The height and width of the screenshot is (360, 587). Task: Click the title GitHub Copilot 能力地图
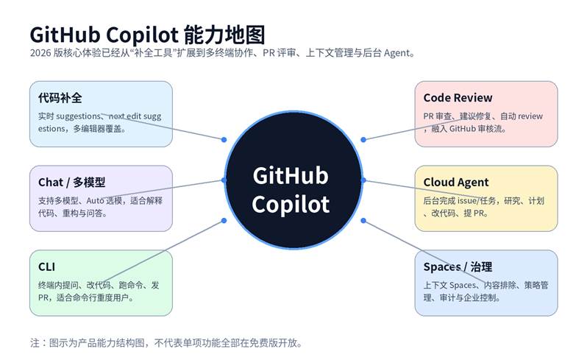click(x=147, y=35)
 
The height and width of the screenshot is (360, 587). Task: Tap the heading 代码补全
click(x=60, y=98)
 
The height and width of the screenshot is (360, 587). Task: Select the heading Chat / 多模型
click(x=72, y=183)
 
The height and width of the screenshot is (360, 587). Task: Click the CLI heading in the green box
click(x=47, y=267)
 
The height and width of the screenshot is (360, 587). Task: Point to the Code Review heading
click(x=458, y=98)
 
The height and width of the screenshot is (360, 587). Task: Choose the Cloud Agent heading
click(x=456, y=183)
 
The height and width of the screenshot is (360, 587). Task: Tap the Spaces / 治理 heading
click(x=458, y=267)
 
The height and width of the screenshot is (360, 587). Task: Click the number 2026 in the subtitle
click(x=41, y=53)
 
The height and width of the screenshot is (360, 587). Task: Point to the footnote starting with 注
click(x=166, y=342)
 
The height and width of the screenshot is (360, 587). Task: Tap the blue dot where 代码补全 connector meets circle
click(x=224, y=139)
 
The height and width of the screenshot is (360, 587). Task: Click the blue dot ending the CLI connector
click(x=224, y=221)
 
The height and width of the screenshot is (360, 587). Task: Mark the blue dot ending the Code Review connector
click(x=363, y=139)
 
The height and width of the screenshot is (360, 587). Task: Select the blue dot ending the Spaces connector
click(x=363, y=221)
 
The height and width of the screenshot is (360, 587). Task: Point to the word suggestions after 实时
click(x=81, y=116)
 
